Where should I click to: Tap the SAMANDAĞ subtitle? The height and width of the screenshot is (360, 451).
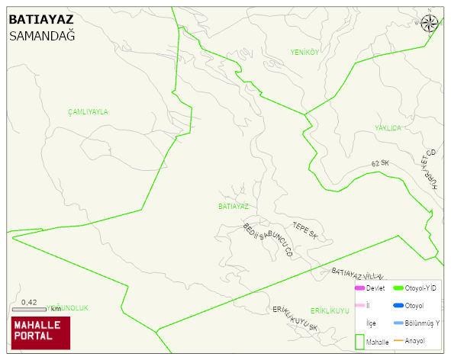tap(42, 36)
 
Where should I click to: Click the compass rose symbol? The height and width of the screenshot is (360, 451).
tap(430, 24)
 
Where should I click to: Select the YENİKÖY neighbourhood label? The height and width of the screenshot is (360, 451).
tap(304, 52)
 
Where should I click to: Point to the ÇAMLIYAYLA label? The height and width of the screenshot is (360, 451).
tap(88, 111)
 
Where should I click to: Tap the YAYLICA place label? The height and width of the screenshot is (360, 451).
tap(388, 128)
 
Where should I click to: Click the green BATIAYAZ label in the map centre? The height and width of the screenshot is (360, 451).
tap(234, 206)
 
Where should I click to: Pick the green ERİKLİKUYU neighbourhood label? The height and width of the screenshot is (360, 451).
tap(330, 310)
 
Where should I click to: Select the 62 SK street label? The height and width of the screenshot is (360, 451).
tap(380, 164)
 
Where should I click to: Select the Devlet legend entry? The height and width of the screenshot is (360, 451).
tap(370, 288)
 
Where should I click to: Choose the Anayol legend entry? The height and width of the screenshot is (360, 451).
tap(412, 340)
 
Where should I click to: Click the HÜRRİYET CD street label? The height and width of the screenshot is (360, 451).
tap(429, 169)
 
